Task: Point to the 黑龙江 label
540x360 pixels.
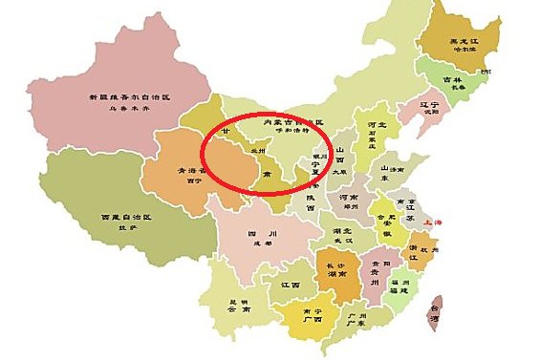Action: coord(464,41)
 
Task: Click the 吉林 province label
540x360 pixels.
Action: coord(452,80)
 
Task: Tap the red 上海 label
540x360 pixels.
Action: coord(438,222)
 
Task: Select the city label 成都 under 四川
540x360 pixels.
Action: coord(254,243)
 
